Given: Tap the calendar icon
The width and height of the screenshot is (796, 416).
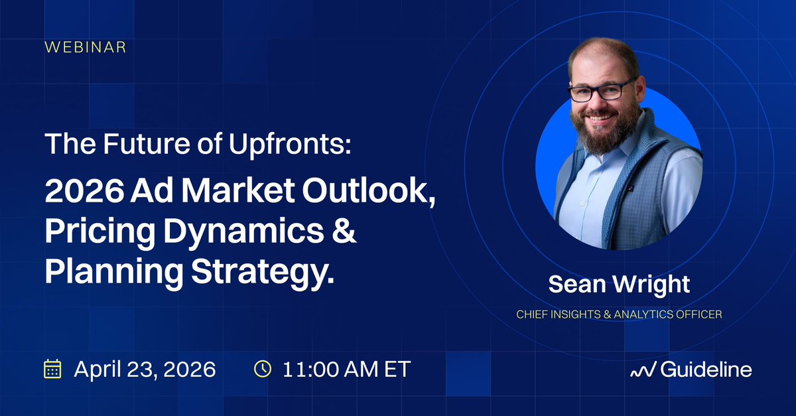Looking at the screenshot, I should point(52,369).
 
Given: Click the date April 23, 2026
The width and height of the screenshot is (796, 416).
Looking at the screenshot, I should point(145,370).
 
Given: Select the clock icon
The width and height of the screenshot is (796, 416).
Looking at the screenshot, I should point(263,369).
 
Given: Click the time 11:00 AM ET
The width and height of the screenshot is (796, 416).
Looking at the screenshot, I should point(346,370).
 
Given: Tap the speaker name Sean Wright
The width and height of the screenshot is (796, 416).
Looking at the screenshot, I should point(618,285).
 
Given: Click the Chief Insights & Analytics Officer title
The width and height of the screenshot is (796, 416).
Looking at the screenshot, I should point(618,314).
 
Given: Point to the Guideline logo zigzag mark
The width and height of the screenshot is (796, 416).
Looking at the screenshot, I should point(643,370).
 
